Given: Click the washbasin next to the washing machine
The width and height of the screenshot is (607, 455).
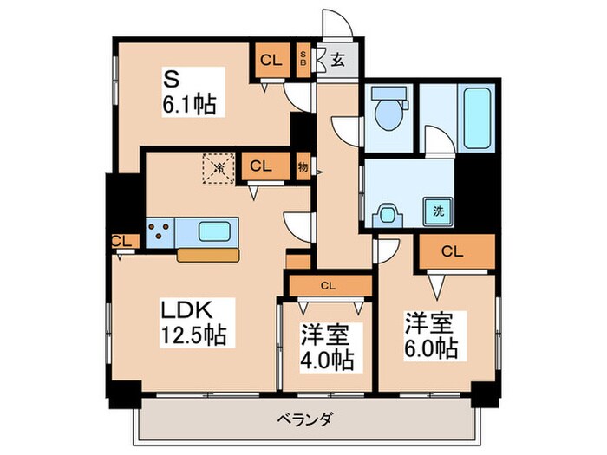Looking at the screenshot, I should click(388, 213).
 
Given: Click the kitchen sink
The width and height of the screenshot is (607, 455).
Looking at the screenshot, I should click(213, 231).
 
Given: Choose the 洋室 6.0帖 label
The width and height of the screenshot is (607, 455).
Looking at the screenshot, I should click(430, 335).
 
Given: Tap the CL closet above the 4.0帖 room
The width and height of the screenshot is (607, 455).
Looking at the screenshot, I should click(328, 283).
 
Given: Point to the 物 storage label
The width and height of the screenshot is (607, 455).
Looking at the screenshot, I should click(303, 166).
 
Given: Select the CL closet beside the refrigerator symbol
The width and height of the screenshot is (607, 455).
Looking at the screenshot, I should click(258, 165).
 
